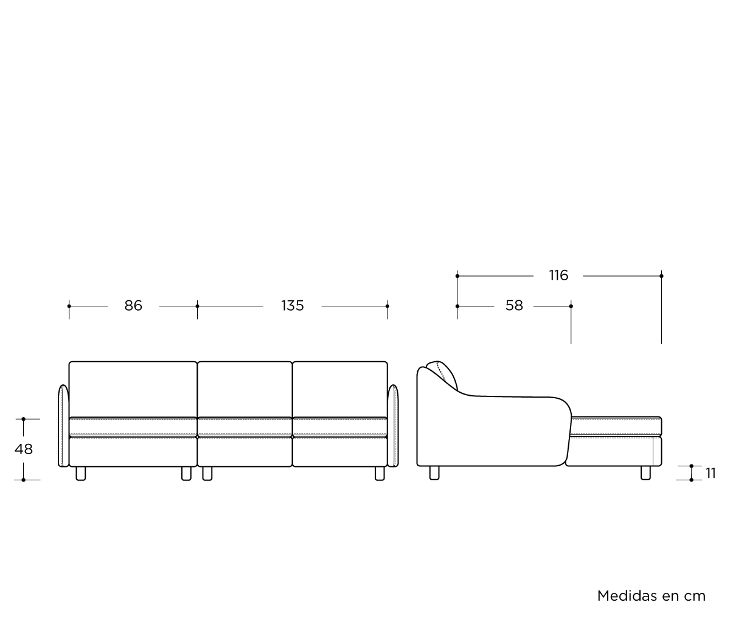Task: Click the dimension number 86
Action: [133, 306]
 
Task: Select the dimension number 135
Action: [293, 306]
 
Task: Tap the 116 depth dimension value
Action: [558, 275]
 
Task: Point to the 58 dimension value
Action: [514, 306]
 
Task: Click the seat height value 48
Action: [24, 449]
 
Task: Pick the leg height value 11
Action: [711, 473]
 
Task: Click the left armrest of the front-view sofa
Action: [63, 426]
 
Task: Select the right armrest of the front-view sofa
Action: [393, 426]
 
